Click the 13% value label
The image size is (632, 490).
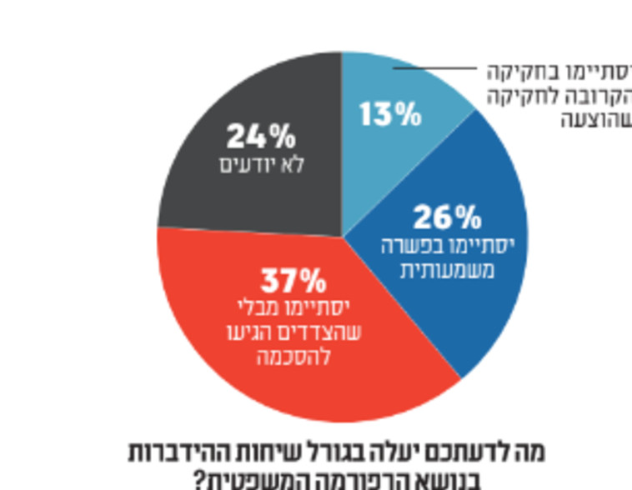click(x=390, y=113)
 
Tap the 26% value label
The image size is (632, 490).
click(x=447, y=217)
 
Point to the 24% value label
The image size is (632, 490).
click(x=260, y=135)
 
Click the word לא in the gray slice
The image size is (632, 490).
click(x=292, y=164)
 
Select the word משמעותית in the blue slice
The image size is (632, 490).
click(x=447, y=270)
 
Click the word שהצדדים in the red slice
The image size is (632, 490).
click(x=332, y=332)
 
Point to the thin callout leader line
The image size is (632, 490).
click(x=442, y=69)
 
